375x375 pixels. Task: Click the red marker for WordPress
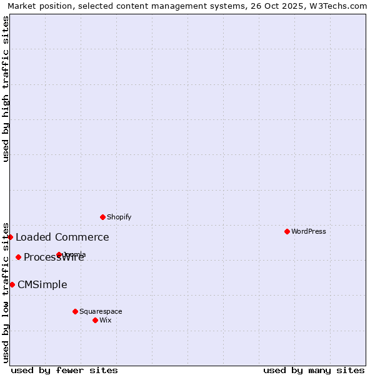point(287,231)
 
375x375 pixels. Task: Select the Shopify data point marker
point(102,217)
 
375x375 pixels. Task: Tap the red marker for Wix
point(95,320)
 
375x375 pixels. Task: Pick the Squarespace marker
point(75,311)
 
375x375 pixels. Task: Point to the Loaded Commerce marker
point(11,237)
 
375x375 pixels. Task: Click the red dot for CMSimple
point(12,284)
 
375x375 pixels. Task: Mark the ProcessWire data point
point(18,257)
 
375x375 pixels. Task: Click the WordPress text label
point(309,231)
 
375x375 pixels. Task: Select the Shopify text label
point(119,217)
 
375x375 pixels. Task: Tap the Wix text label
point(106,320)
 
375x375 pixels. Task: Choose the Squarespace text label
point(101,311)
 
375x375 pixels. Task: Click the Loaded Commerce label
point(62,237)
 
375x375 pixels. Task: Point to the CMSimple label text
point(42,284)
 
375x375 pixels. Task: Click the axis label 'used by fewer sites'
point(64,370)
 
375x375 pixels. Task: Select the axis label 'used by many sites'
point(314,370)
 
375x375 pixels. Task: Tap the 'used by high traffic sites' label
point(6,89)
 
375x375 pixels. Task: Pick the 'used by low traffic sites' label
point(6,292)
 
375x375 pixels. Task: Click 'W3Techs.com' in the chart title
point(341,6)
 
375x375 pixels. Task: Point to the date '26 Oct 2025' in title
point(276,6)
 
